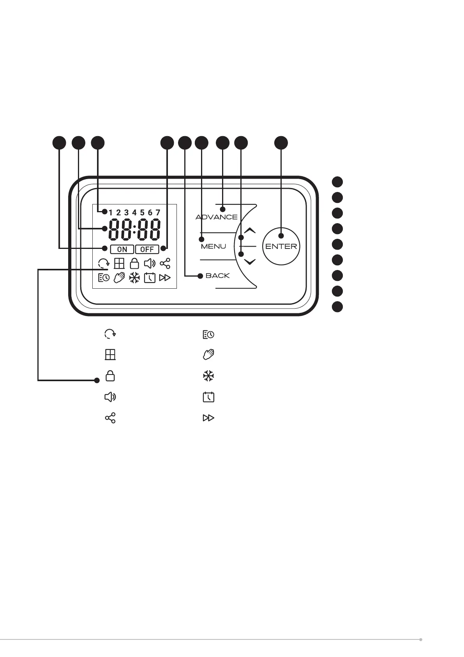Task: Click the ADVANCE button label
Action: point(216,217)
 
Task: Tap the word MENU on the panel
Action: point(213,246)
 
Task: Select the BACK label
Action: point(217,275)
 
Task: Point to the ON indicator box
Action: point(122,249)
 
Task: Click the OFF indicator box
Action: point(147,249)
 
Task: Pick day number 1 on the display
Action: point(111,213)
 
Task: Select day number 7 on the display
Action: point(158,213)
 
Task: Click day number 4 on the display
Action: point(134,213)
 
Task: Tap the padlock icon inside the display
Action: point(134,263)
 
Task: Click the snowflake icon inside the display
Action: point(134,278)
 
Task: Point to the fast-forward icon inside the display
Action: point(165,278)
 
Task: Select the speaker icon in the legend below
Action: point(110,397)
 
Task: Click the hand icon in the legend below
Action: point(208,355)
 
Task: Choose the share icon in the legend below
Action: point(110,418)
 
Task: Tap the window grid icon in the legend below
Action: point(110,355)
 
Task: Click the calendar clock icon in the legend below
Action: point(208,397)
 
